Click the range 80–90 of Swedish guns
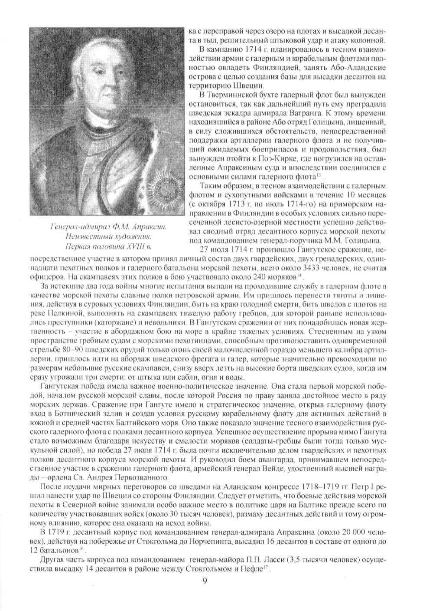tap(70, 351)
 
